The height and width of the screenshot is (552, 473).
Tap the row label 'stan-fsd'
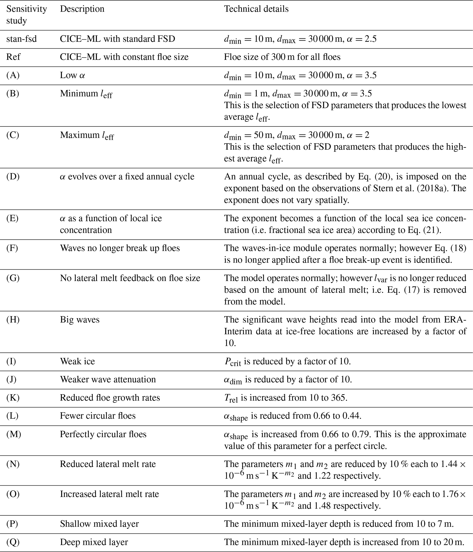tap(22, 39)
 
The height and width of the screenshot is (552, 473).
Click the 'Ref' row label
tap(13, 57)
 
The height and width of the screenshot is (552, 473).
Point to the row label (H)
tap(13, 319)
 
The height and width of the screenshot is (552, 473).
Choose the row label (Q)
tap(13, 542)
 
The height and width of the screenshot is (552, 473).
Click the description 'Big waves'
tap(80, 319)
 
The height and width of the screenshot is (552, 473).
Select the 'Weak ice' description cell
tap(77, 361)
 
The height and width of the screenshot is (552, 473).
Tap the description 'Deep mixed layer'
tap(94, 542)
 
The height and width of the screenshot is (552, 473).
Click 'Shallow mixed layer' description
tap(99, 524)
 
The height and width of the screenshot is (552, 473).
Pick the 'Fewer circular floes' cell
tap(97, 416)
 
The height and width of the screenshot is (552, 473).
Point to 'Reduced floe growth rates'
tap(110, 398)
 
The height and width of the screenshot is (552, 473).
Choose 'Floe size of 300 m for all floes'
tap(282, 57)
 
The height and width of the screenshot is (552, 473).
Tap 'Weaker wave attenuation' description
tap(108, 379)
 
